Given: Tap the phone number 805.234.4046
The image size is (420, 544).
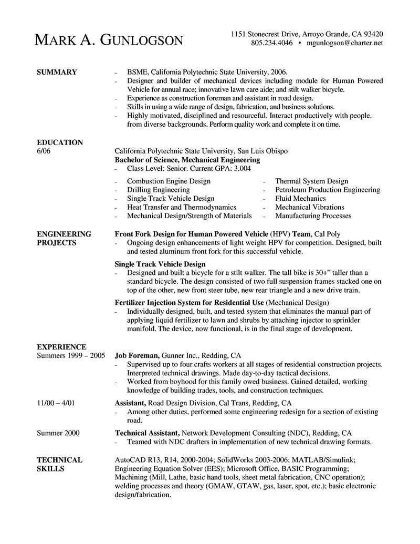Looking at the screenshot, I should point(271,43).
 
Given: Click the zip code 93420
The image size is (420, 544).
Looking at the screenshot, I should point(371,34).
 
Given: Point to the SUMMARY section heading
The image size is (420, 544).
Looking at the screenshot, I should point(57,72).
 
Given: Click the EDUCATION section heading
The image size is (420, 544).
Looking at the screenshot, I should point(60,142).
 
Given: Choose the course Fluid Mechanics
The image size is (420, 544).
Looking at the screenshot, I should point(300,198).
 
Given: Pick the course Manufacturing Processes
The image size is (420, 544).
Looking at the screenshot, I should point(313,215).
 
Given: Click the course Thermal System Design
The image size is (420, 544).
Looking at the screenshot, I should point(311,181).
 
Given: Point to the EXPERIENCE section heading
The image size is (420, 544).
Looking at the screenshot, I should point(61,347).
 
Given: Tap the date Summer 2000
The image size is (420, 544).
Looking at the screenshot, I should point(58,433).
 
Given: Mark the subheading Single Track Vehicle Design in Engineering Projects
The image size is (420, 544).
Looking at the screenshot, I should point(160,263).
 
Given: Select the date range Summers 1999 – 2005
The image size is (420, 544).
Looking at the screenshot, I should point(70,356).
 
